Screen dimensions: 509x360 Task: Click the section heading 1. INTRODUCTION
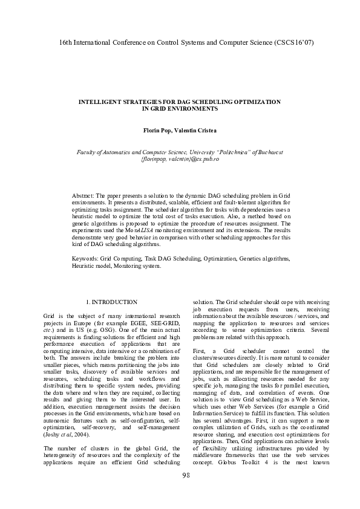pyautogui.click(x=112, y=302)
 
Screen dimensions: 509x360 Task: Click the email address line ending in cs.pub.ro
pyautogui.click(x=180, y=159)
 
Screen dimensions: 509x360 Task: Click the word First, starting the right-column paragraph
pyautogui.click(x=200, y=351)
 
